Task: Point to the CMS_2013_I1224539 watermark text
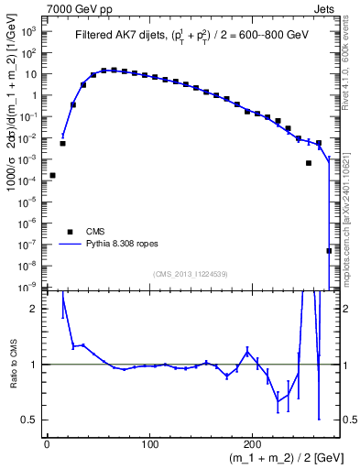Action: [x=191, y=274]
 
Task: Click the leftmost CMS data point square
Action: [x=52, y=175]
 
